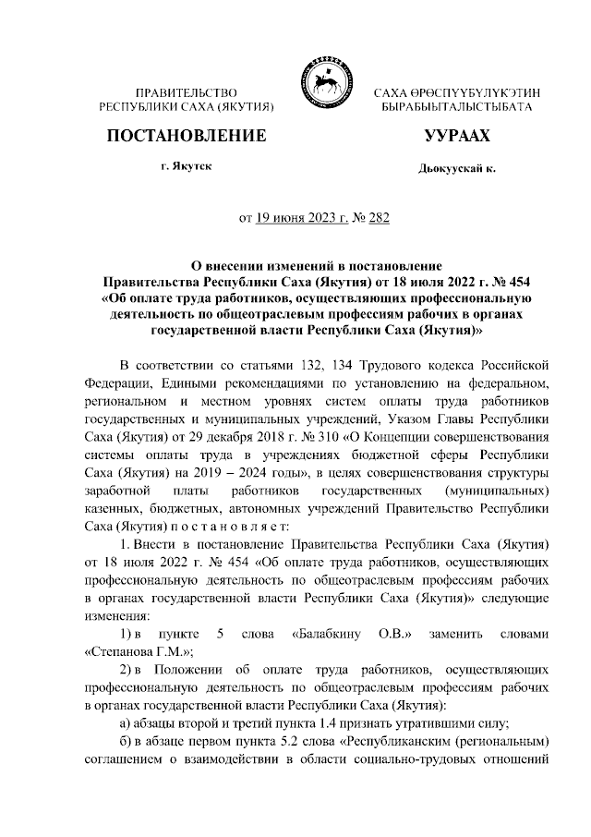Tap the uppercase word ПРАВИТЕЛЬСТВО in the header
[187, 94]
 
